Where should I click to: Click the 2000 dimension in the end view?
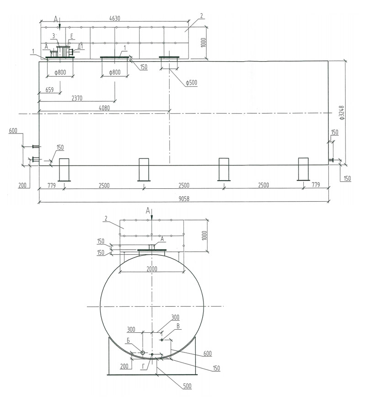152,269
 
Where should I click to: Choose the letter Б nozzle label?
130,340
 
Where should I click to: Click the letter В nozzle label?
178,326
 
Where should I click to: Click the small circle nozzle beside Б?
142,353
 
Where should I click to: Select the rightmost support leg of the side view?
304,169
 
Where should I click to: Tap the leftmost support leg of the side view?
64,169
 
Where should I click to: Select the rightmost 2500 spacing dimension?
263,185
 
